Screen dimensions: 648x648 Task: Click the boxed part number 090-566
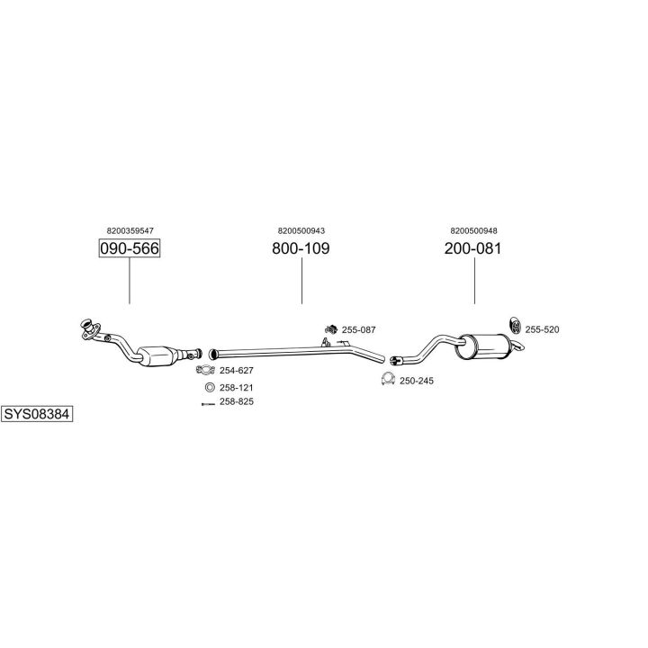pos(130,248)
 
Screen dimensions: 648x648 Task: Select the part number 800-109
pos(301,248)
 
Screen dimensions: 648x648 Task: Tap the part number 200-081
pos(472,248)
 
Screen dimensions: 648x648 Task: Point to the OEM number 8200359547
pos(130,230)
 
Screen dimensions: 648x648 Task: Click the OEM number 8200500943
pos(301,230)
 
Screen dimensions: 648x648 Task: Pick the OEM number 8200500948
pos(473,230)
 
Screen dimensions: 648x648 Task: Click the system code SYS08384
pos(37,414)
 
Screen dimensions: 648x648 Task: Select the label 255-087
pos(359,329)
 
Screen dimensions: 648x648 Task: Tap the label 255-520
pos(542,329)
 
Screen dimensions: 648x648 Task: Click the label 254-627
pos(237,370)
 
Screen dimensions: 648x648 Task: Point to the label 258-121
pos(237,388)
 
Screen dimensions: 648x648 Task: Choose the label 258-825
pos(237,401)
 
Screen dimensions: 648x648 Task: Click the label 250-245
pos(417,381)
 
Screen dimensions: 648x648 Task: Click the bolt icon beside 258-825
pos(208,404)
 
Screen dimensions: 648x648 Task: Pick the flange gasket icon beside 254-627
pos(205,370)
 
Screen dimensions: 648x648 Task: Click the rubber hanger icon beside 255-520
pos(516,325)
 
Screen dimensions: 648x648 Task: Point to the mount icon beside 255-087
pos(330,329)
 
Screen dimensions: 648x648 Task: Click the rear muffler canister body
pos(482,347)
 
